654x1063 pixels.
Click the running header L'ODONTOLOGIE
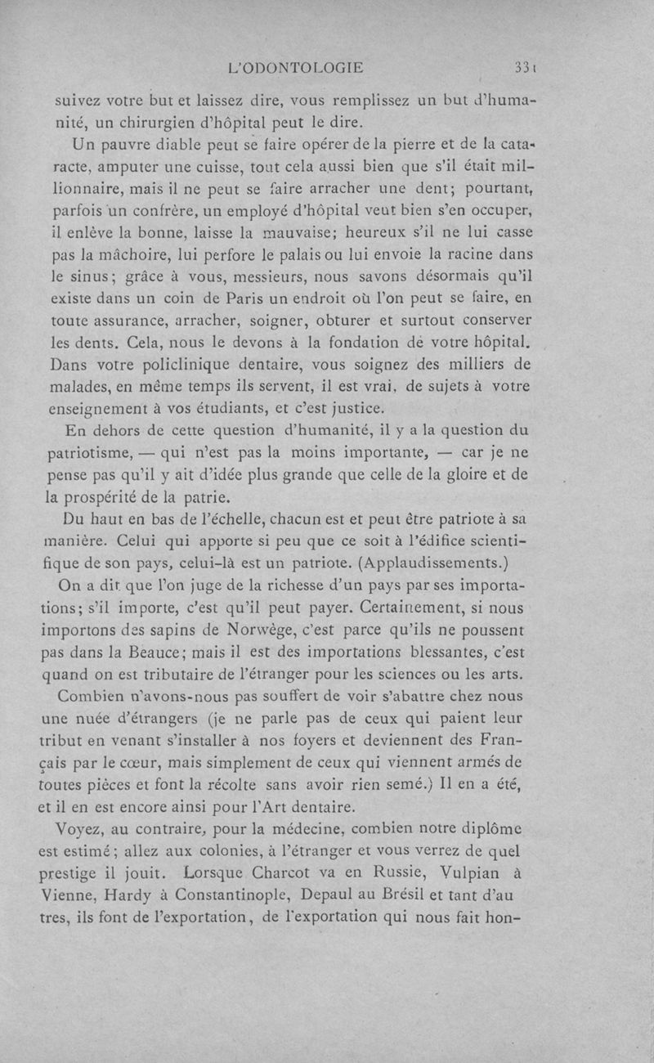[x=297, y=68]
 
